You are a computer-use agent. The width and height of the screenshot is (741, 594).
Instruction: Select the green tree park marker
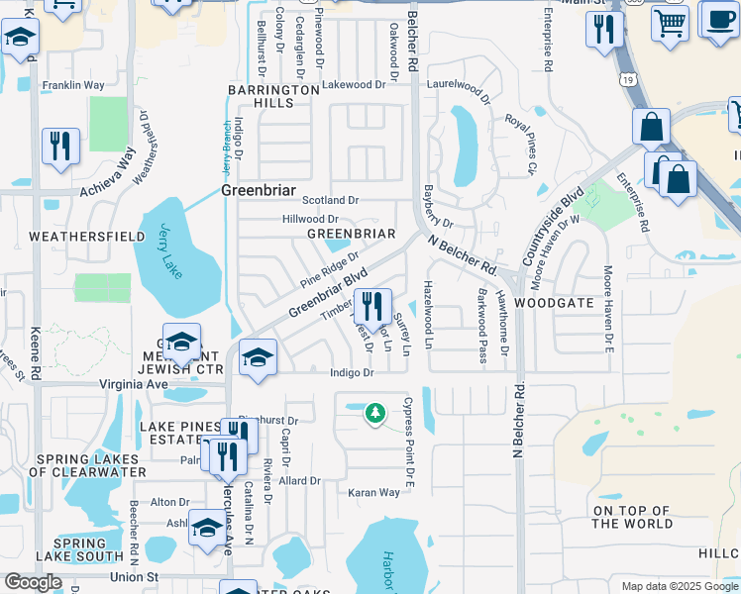tap(374, 411)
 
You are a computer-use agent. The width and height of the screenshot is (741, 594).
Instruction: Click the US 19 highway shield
tap(626, 77)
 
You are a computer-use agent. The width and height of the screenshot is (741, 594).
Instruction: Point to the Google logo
tap(33, 582)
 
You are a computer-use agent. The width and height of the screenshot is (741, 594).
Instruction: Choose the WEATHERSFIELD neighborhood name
tap(74, 237)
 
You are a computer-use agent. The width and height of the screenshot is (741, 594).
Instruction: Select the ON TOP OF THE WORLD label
tap(633, 517)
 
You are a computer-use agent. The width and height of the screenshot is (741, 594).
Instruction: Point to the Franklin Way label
tap(72, 86)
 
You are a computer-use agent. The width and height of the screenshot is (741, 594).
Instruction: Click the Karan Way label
tap(373, 492)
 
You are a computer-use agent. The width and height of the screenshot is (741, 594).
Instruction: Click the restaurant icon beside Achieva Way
tap(61, 147)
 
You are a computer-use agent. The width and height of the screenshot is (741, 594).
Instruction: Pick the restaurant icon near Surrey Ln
tap(372, 306)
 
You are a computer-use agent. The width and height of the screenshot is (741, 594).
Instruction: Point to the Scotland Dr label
tap(330, 200)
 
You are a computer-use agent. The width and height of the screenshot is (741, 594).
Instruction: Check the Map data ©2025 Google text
tap(679, 586)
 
